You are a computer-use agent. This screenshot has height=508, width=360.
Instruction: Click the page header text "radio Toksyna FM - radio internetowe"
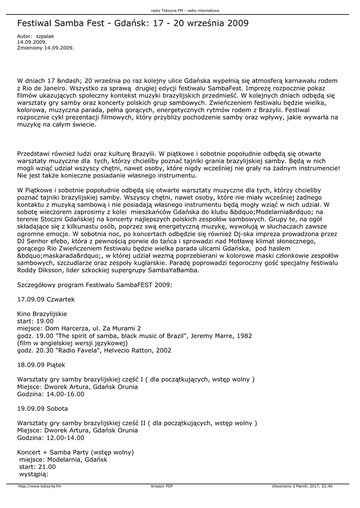tap(185, 10)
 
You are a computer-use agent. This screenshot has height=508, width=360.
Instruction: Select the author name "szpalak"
tap(45, 37)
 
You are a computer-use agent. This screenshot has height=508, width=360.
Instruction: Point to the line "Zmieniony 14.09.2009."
tap(46, 48)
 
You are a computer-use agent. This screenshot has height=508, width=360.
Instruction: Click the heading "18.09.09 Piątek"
tap(41, 365)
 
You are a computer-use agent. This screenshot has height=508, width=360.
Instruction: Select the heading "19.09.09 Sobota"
tap(43, 409)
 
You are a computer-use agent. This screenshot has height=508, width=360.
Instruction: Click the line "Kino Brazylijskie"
tap(42, 314)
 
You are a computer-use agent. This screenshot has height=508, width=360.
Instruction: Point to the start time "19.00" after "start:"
tap(45, 321)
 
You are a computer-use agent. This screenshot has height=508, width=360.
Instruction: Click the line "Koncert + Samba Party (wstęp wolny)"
tap(75, 452)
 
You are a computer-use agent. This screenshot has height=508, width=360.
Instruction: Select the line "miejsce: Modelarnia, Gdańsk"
tap(63, 460)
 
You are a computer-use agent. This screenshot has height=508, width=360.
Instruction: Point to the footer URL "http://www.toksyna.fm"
tap(39, 486)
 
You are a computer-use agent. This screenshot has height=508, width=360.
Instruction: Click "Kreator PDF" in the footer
tap(162, 486)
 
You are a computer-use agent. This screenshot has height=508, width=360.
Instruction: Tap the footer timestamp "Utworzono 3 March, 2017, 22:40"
tap(302, 486)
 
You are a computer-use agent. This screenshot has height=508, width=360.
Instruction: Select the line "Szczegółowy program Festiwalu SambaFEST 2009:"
tap(95, 285)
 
